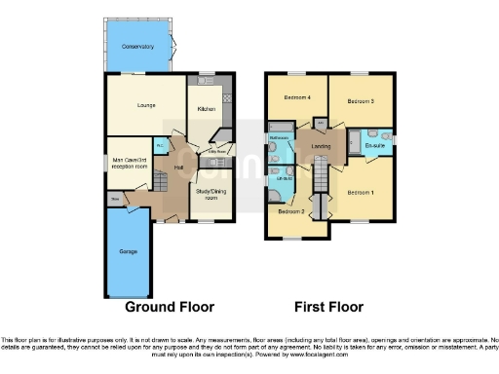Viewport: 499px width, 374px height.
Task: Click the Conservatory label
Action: pyautogui.click(x=137, y=46)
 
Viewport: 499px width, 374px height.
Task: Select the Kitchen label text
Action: pyautogui.click(x=206, y=109)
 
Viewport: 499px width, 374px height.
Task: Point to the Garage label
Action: pyautogui.click(x=127, y=252)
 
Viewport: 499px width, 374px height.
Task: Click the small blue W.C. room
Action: pyautogui.click(x=160, y=144)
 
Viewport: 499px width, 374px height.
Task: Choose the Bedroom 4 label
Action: pyautogui.click(x=297, y=97)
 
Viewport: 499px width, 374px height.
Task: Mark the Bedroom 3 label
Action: pyautogui.click(x=363, y=101)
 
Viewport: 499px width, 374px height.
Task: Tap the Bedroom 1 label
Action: pyautogui.click(x=361, y=192)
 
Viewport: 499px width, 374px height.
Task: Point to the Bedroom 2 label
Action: pyautogui.click(x=291, y=211)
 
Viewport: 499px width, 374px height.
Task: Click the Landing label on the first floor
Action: pyautogui.click(x=319, y=147)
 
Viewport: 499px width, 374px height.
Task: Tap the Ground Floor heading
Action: pyautogui.click(x=170, y=307)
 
